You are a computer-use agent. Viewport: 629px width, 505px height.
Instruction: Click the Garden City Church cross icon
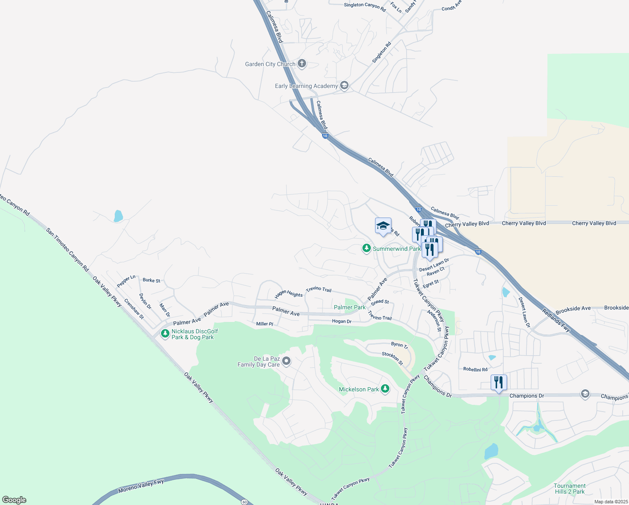301,64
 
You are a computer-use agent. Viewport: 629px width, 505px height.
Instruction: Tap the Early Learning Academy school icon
344,86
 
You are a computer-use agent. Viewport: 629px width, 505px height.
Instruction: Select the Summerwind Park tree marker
366,249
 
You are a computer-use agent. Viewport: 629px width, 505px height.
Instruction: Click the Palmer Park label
349,307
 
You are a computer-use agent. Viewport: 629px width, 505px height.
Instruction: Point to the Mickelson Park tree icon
385,389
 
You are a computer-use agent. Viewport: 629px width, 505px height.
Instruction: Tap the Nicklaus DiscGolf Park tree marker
165,334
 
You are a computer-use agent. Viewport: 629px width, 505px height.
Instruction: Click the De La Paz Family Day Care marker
286,361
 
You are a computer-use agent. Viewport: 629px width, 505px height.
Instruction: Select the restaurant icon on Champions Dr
499,383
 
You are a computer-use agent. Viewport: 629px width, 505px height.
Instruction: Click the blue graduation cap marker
383,226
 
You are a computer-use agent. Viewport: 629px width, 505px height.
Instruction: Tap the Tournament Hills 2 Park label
570,489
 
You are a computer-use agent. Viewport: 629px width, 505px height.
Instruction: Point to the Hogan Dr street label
341,321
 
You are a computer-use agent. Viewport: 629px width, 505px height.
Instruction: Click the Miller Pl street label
264,324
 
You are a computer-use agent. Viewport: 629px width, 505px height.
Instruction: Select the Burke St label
151,280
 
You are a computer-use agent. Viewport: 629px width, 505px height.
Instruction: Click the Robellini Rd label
475,369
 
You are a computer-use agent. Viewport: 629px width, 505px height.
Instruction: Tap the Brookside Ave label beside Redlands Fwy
573,308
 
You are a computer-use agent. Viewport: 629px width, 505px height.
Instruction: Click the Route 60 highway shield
245,502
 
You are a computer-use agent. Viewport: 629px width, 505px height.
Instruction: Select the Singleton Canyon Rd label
365,6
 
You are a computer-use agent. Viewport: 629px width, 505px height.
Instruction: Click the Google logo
14,500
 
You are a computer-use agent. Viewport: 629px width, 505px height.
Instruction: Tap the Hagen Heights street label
288,294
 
